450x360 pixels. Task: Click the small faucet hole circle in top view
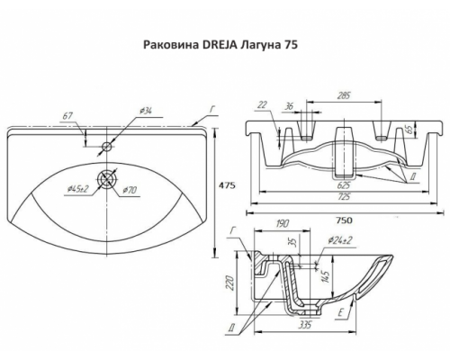107,145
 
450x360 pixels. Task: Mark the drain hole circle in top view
107,178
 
